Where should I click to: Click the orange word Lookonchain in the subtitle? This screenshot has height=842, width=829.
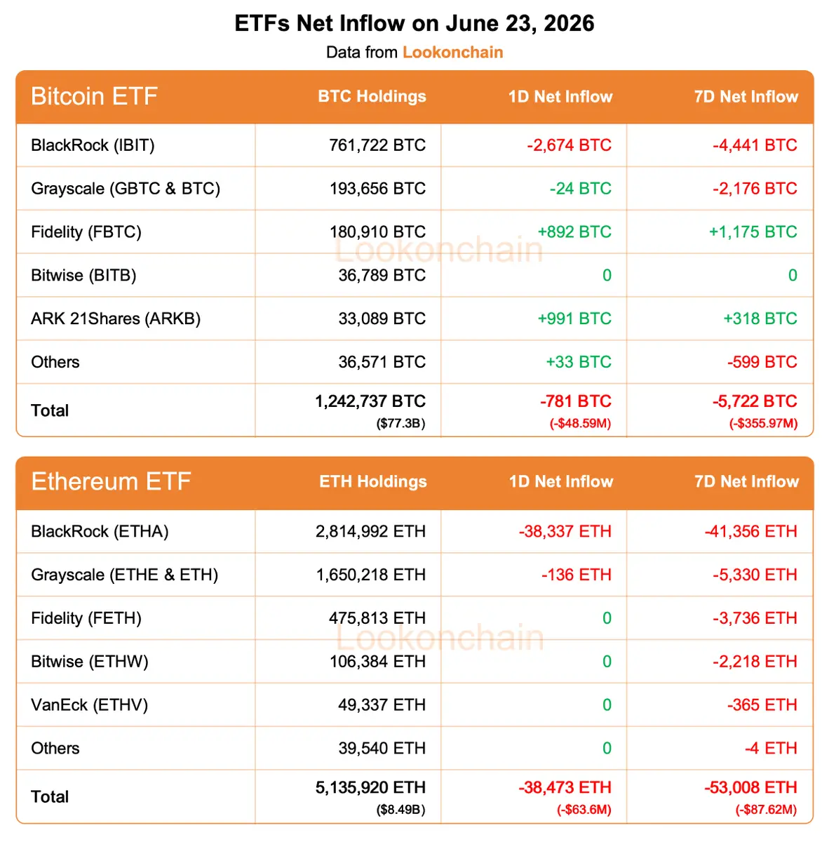[452, 52]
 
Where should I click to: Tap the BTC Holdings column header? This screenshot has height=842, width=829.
[372, 96]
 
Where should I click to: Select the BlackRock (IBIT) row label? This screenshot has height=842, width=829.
[93, 145]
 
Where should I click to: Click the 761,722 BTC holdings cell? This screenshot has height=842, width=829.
[377, 145]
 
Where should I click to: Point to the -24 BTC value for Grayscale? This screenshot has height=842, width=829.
[581, 188]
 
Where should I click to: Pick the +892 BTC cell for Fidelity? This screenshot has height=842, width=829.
[574, 232]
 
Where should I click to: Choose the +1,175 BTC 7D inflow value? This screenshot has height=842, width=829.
[753, 232]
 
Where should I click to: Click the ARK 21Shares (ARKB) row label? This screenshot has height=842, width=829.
[116, 319]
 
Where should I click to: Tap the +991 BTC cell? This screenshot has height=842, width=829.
[574, 319]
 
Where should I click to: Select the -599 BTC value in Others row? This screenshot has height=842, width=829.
[762, 362]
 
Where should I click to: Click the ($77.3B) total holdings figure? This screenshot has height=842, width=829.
[400, 423]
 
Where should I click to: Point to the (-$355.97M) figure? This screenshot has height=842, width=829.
[764, 423]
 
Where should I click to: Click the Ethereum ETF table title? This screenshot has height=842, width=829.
[111, 481]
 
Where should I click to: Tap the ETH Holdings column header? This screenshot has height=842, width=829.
[373, 481]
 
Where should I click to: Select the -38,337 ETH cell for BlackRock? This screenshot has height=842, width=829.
[565, 531]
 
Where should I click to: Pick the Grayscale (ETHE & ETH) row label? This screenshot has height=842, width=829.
[124, 575]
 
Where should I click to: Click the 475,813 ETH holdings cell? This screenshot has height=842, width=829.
[377, 618]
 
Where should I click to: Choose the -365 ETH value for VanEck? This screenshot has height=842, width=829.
[762, 704]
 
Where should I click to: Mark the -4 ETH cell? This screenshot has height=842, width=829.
[771, 748]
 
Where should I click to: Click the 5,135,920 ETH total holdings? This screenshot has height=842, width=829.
[370, 787]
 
